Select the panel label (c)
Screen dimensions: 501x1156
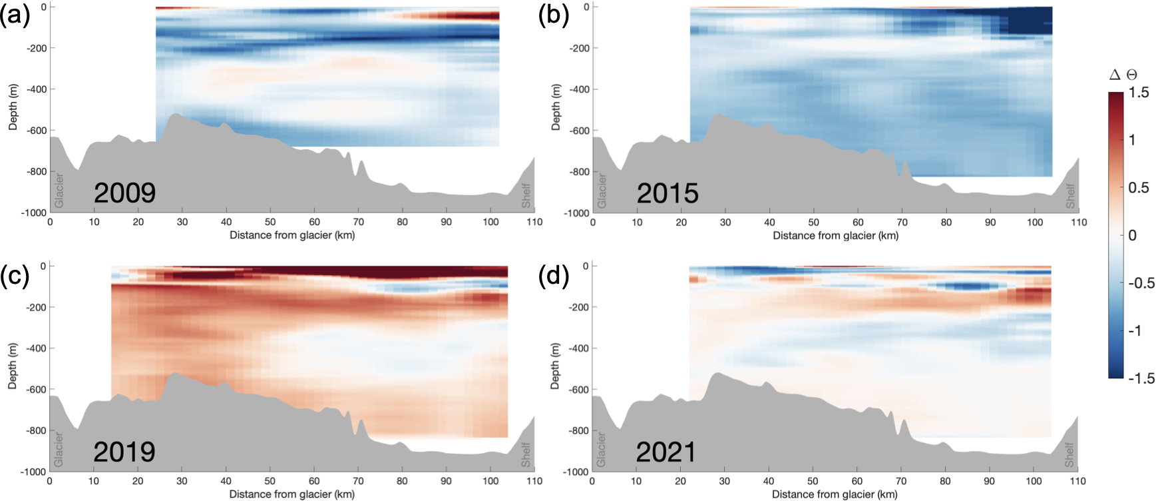(x=15, y=275)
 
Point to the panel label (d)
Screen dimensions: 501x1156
(x=554, y=275)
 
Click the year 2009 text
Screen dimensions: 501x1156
(x=124, y=193)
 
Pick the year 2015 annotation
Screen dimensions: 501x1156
(x=668, y=193)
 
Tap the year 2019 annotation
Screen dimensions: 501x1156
(x=124, y=452)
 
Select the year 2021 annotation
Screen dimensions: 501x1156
(x=666, y=452)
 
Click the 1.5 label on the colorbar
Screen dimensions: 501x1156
(x=1139, y=93)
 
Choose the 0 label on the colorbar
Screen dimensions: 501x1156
(x=1132, y=235)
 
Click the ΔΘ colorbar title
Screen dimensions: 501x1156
(x=1123, y=75)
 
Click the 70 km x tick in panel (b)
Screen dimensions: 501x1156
(x=902, y=223)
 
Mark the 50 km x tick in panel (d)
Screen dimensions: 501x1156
(x=813, y=481)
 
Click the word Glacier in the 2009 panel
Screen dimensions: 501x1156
(x=59, y=190)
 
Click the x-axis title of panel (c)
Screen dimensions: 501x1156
(x=291, y=494)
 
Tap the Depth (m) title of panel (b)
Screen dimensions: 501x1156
(x=556, y=107)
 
